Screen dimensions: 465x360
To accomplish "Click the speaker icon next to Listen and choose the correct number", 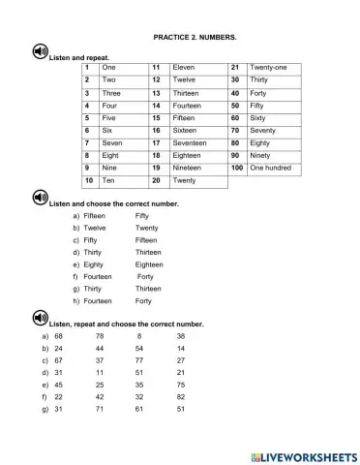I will (x=39, y=199).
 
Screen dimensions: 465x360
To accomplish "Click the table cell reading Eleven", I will (x=184, y=68).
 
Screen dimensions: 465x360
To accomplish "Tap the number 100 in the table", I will (x=236, y=168).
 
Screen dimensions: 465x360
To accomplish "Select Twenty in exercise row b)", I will (x=147, y=228).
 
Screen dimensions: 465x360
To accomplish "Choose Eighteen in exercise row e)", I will (x=149, y=263).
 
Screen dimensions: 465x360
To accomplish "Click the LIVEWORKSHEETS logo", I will (x=302, y=455).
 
